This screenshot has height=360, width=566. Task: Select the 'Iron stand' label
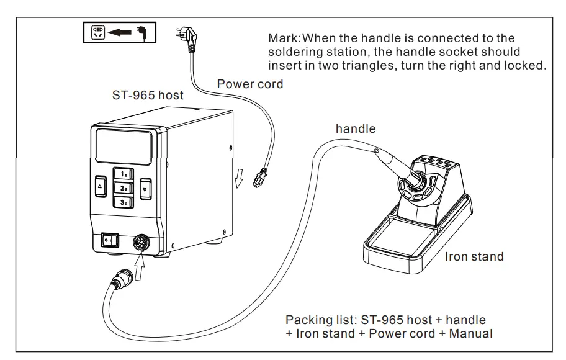pos(474,256)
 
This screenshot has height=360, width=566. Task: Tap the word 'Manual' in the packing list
pos(470,334)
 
